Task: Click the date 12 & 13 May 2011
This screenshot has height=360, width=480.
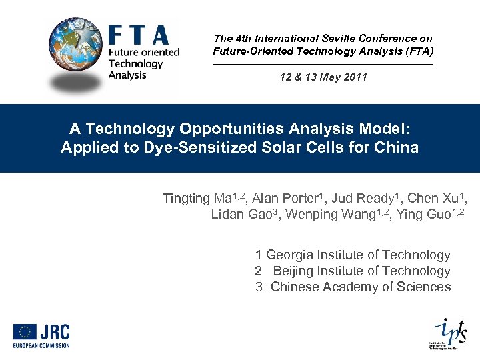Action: (323, 77)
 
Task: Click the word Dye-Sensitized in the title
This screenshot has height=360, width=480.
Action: (189, 147)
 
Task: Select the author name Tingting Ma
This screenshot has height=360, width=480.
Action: (195, 198)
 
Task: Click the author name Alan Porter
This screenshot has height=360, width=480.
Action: (285, 198)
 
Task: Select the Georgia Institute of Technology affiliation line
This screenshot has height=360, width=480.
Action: (353, 255)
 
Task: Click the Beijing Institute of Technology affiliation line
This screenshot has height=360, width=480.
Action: (353, 271)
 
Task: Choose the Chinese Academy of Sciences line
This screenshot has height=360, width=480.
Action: (353, 287)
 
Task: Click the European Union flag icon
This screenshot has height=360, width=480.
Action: (25, 332)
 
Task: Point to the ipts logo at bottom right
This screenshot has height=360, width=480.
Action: (446, 331)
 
